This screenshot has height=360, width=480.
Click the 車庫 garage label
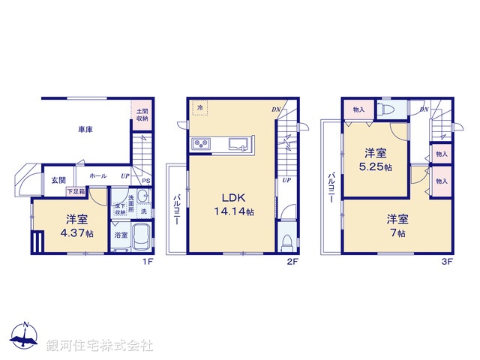85,130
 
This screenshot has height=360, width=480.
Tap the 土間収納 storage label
142,115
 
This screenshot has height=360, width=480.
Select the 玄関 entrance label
58,180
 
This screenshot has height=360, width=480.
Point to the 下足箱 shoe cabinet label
76,192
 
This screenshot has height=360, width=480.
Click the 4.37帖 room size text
79,233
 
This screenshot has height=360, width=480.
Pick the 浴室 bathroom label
121,235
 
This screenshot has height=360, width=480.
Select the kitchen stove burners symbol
202,144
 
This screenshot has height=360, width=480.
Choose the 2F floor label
292,262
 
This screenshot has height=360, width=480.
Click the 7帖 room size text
397,233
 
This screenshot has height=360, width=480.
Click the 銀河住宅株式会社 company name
100,346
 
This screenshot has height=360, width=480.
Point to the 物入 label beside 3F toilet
358,110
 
